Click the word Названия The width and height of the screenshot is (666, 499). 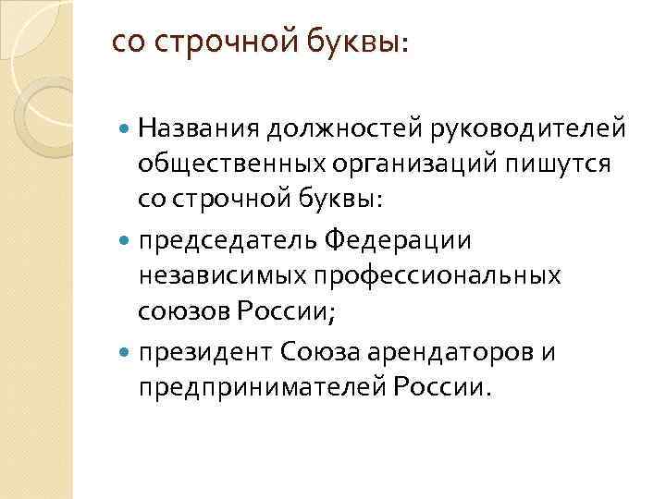coord(199,127)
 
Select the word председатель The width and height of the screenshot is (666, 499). coord(228,240)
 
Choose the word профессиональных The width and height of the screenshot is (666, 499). coord(434,277)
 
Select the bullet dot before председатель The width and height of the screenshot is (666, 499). coord(125,241)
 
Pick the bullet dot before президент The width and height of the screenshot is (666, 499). coord(125,353)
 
